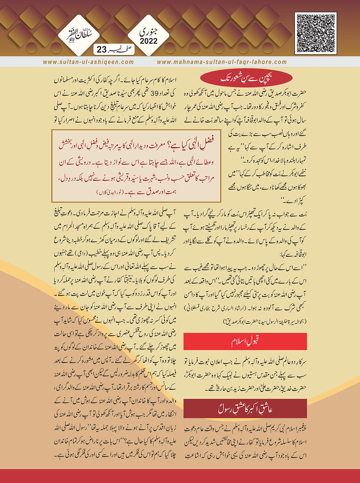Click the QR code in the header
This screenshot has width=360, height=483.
point(315,33)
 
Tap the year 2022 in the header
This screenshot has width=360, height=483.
point(149,41)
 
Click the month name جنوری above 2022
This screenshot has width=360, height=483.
point(149,32)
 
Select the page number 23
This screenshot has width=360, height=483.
point(101,49)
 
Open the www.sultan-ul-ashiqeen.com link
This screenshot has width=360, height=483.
point(88,62)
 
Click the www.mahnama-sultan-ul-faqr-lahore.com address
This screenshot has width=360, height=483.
point(222,62)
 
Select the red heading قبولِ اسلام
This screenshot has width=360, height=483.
point(245,341)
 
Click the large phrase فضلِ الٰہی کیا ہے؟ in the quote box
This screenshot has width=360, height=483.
point(192,145)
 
